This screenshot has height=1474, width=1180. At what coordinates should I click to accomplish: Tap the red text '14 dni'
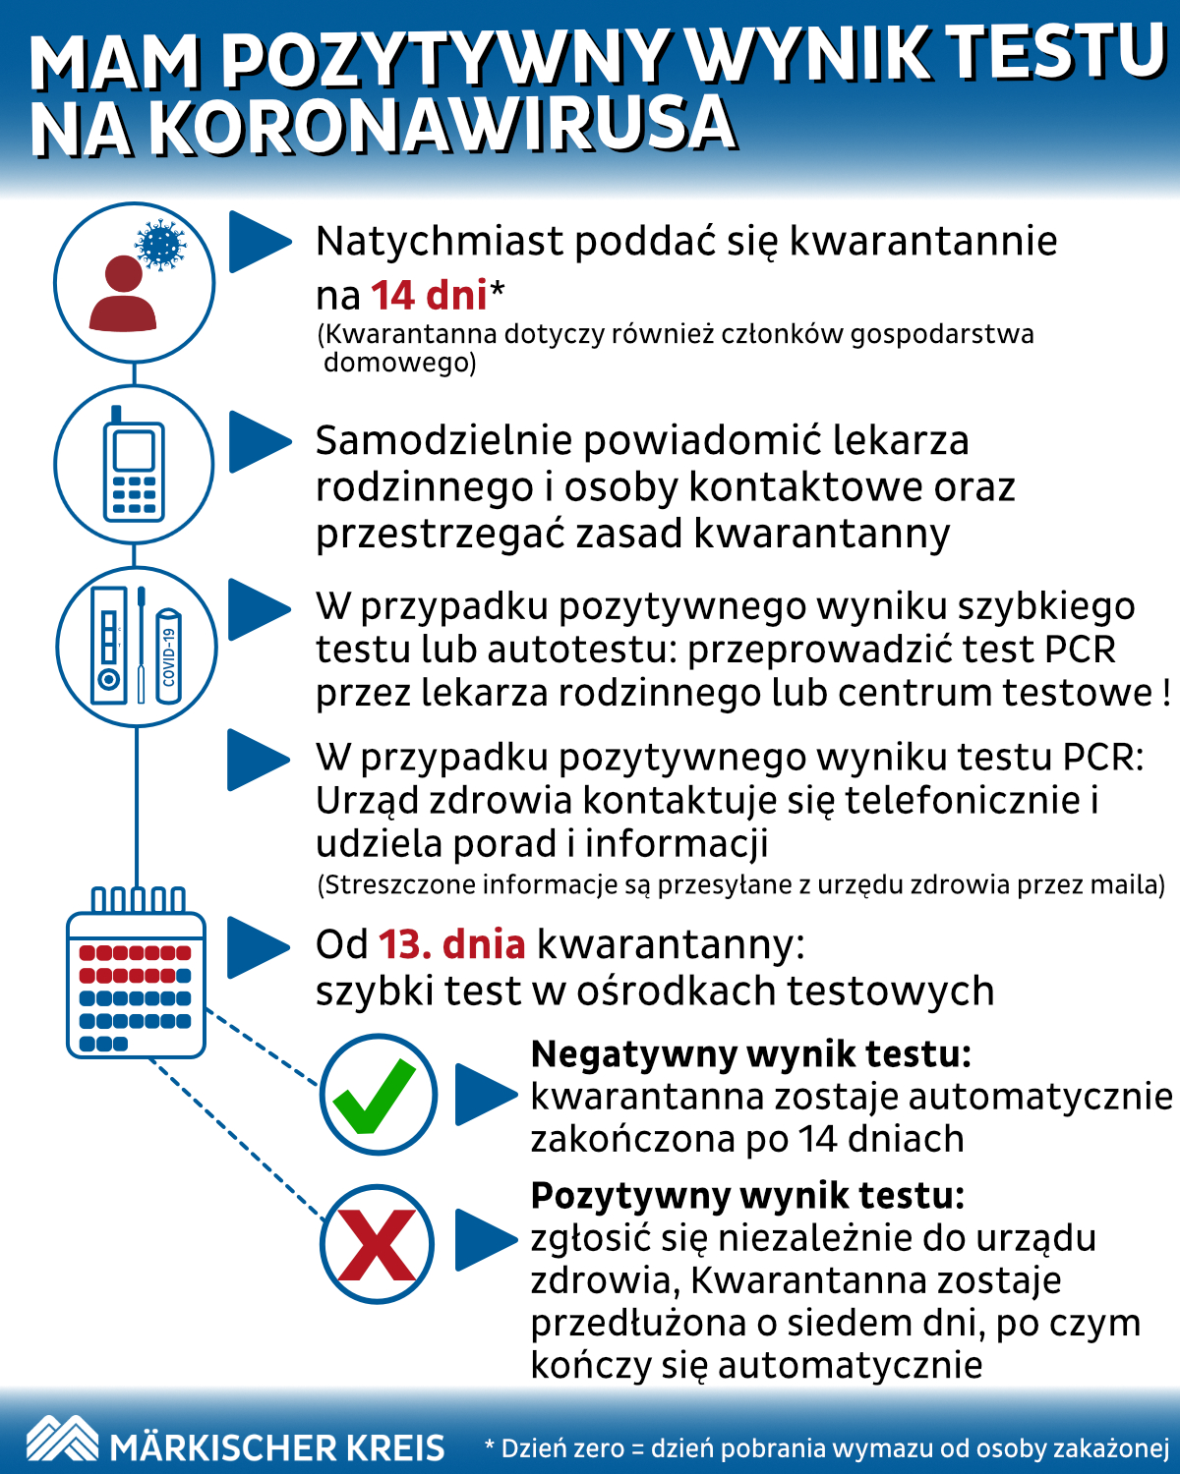pos(429,295)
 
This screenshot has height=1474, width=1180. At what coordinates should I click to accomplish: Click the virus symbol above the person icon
pos(160,245)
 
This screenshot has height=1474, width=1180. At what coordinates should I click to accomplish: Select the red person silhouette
pos(123,294)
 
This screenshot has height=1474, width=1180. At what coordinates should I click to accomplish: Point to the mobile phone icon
pos(134,466)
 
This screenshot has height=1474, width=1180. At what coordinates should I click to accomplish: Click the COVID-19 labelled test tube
pos(169,655)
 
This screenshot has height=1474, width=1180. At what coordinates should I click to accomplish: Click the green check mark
pos(376,1096)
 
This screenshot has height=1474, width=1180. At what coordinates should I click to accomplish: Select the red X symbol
pos(377,1245)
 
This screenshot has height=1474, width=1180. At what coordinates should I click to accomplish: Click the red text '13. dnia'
pos(451,944)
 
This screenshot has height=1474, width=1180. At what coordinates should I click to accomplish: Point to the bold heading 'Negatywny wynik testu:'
pos(751,1054)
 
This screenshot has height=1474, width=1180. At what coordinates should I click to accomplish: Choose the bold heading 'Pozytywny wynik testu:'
pos(747,1196)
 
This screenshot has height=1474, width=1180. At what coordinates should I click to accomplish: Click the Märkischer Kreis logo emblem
pos(62,1439)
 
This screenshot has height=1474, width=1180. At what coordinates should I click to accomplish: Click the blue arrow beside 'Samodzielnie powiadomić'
pos(260,442)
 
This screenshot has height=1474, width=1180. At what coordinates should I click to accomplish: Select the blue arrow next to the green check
pos(485,1094)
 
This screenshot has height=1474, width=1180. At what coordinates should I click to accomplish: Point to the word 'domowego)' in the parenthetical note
pos(399,363)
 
